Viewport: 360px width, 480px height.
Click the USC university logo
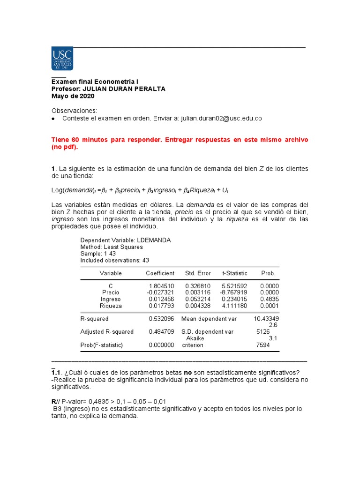click(62, 59)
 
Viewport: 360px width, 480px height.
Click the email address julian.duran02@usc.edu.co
click(220, 119)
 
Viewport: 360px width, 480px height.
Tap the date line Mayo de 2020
click(73, 96)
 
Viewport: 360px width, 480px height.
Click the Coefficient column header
click(160, 273)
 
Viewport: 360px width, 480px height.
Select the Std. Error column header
click(198, 273)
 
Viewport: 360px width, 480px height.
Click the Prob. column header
click(268, 273)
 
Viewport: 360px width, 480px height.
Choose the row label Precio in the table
click(111, 292)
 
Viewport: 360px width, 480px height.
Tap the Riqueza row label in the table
click(111, 306)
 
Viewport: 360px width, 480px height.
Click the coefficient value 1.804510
click(161, 286)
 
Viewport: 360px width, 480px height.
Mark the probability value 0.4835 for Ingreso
click(269, 299)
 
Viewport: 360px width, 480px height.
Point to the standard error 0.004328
click(198, 306)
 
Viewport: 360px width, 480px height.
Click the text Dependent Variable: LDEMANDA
click(125, 240)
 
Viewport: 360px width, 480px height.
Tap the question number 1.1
click(56, 373)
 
